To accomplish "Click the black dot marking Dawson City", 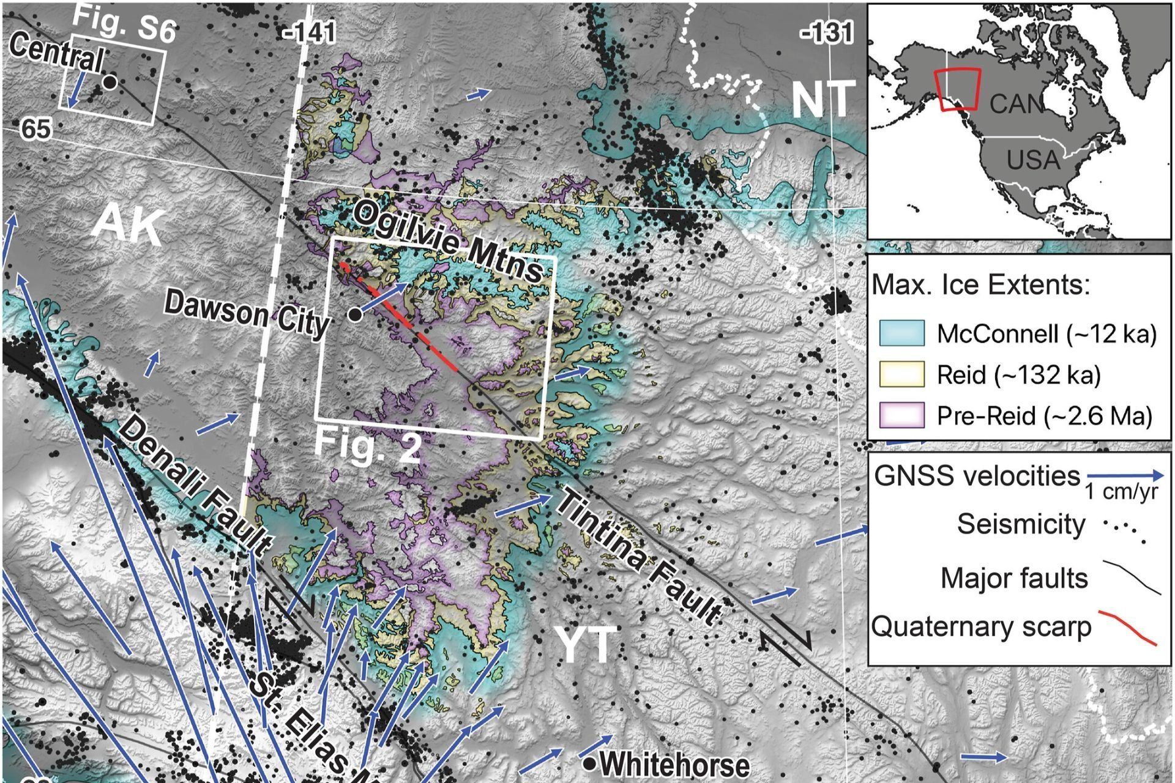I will (x=354, y=314).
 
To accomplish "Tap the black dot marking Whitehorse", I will (x=589, y=763).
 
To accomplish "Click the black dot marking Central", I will (x=109, y=82).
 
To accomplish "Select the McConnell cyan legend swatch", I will (x=901, y=333).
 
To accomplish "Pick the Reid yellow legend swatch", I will (x=901, y=374).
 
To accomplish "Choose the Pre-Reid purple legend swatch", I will (x=901, y=415).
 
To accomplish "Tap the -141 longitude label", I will (x=310, y=32).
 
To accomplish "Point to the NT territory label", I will (x=822, y=100).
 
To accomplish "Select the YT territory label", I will (x=584, y=645).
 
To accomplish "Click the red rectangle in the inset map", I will (x=958, y=89).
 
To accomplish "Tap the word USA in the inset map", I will (x=1033, y=160).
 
